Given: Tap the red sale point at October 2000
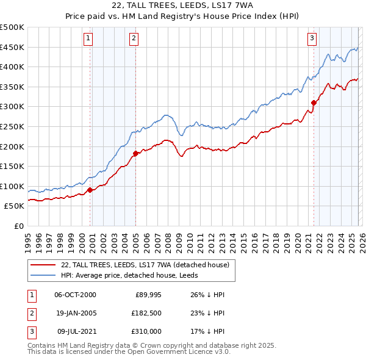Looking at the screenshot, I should [90, 190].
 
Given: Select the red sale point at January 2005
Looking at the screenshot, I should [135, 153].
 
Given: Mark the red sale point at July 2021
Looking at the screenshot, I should [314, 103].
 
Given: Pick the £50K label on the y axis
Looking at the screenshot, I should [15, 206].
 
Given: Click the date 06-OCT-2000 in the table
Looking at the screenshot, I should [75, 295].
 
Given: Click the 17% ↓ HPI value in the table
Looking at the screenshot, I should [207, 331].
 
